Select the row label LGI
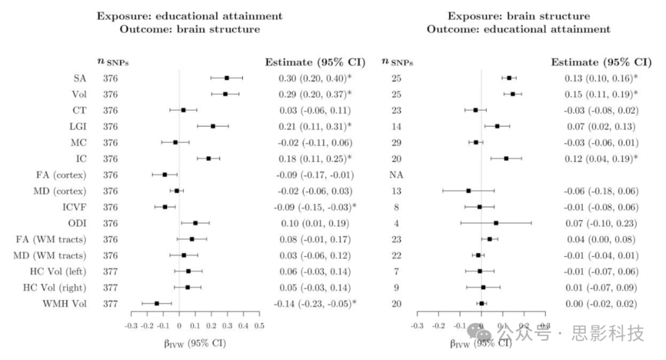point(76,126)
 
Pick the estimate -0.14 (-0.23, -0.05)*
point(314,303)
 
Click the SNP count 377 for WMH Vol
point(110,303)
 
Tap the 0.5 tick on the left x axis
point(259,325)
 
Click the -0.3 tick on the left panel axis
point(131,325)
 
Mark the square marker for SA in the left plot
point(227,78)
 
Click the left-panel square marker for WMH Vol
point(157,303)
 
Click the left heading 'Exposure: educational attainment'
point(189,16)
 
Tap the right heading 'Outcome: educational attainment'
point(519,30)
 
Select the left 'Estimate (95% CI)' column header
point(314,62)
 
